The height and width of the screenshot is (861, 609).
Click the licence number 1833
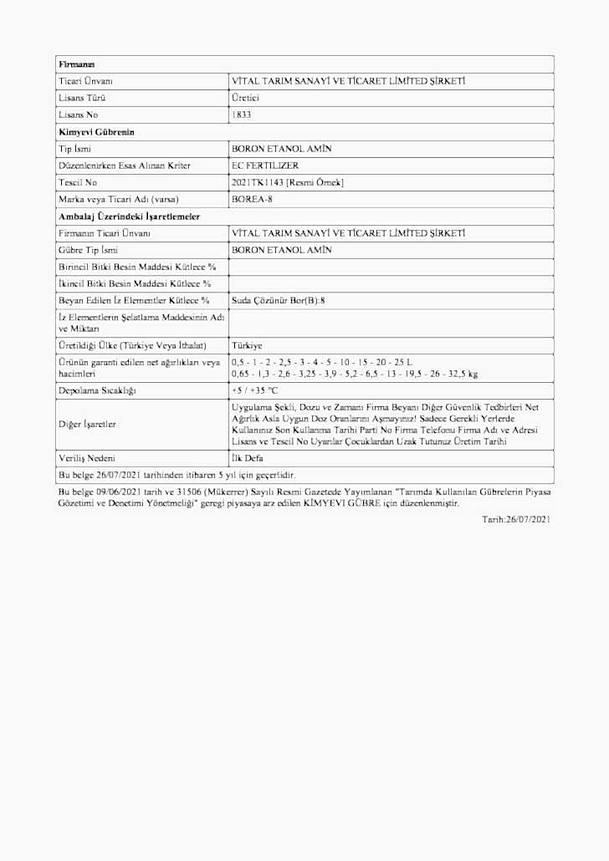coord(241,115)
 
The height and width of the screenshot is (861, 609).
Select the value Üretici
coord(245,98)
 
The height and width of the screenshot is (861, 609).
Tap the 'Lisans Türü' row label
coord(81,98)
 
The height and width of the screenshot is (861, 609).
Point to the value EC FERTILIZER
coord(265,166)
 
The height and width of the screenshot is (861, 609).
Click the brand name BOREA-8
coord(252,199)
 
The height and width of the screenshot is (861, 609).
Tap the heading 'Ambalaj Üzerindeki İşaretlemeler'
coord(129,217)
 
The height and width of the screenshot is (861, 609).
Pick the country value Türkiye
coord(247,345)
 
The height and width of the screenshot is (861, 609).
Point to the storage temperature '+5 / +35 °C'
coord(254,390)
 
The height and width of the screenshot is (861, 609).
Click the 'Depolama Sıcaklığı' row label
coord(97,390)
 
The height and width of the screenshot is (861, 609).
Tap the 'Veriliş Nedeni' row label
coord(86,458)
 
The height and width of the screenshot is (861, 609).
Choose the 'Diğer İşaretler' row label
coord(87,424)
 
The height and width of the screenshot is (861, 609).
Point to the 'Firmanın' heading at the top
coord(76,64)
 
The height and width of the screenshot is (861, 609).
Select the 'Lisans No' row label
coord(78,115)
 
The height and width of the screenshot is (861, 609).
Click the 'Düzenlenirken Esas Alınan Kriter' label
coord(125,166)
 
